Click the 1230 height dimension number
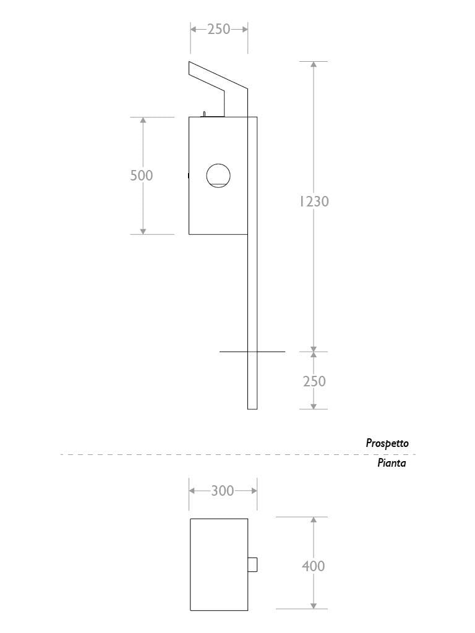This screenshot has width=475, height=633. point(314,201)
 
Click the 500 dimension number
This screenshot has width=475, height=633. point(142,175)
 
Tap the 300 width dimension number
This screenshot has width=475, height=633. point(223,490)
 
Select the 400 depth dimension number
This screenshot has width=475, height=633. point(313,566)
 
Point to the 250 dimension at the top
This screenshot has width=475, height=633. point(219,29)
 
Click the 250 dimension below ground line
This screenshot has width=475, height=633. point(314,381)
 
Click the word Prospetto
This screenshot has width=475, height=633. point(387,443)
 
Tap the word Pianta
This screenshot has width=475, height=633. point(392,462)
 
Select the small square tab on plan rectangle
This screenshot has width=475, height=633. point(252,564)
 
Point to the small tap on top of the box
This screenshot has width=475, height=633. point(204,114)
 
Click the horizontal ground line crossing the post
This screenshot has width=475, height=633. point(252,352)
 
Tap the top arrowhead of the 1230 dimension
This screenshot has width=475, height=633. point(314,64)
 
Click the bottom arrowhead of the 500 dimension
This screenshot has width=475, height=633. point(143,231)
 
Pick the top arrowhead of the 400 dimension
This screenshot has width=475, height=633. point(314,519)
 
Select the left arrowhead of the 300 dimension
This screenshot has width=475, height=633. point(192,491)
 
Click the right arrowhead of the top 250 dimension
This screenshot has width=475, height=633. point(245,29)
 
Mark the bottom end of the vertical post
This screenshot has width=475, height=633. point(252,409)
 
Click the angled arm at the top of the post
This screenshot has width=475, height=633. point(218,82)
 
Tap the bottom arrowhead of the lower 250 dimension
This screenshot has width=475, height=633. point(314,406)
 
